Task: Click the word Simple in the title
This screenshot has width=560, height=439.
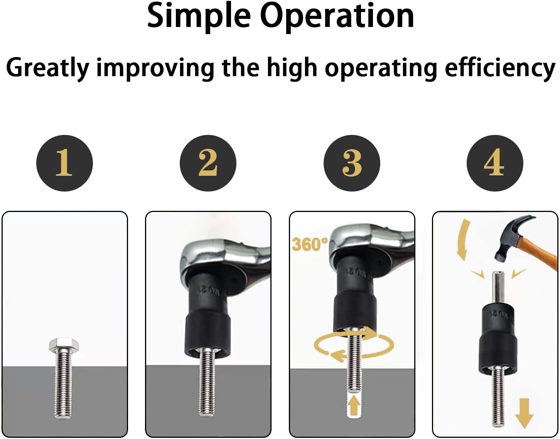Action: [x=199, y=16]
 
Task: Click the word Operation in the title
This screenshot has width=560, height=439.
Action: [x=337, y=16]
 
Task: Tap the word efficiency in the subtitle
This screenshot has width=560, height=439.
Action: [x=500, y=68]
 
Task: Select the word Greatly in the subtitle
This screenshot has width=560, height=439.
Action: [x=48, y=68]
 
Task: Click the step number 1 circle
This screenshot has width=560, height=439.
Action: [x=64, y=163]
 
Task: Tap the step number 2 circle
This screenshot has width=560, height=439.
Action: [x=208, y=163]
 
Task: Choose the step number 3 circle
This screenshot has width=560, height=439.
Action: [x=352, y=163]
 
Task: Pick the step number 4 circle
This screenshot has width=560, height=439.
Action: [x=495, y=163]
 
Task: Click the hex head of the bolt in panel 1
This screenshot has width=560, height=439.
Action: [x=64, y=344]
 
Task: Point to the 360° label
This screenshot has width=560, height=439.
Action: [x=310, y=244]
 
